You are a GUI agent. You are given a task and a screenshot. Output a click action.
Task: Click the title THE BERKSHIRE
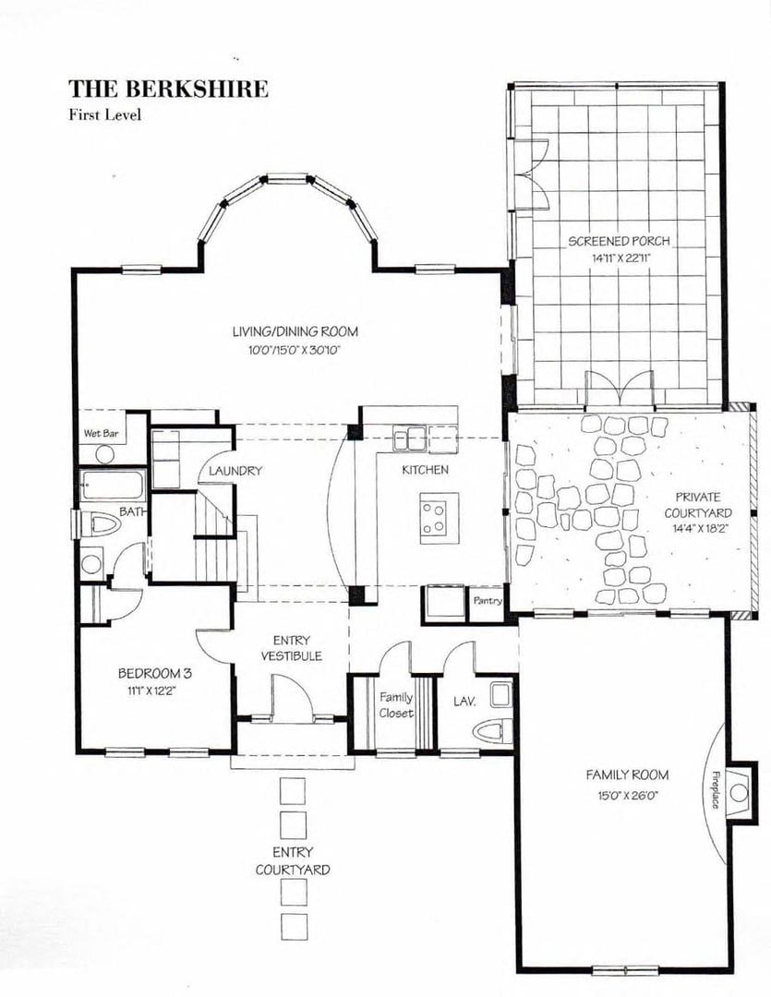(x=168, y=90)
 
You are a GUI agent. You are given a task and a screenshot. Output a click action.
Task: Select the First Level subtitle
(x=104, y=115)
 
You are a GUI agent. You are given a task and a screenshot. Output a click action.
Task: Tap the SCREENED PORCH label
(x=618, y=242)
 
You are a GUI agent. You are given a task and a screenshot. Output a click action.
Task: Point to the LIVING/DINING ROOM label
(x=295, y=331)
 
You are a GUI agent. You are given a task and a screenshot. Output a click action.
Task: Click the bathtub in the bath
(x=111, y=486)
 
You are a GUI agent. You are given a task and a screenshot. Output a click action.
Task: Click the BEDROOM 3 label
(x=154, y=673)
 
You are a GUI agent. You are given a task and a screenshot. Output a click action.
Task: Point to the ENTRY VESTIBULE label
(x=291, y=648)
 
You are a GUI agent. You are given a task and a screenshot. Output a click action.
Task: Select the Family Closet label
(x=395, y=705)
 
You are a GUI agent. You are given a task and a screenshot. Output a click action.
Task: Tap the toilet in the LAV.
(x=488, y=730)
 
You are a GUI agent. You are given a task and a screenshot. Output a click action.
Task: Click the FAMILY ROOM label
(x=627, y=775)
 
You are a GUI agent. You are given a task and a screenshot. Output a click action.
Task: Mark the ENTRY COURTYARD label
(x=292, y=860)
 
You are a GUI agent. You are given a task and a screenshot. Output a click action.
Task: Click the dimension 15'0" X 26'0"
(x=627, y=794)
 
